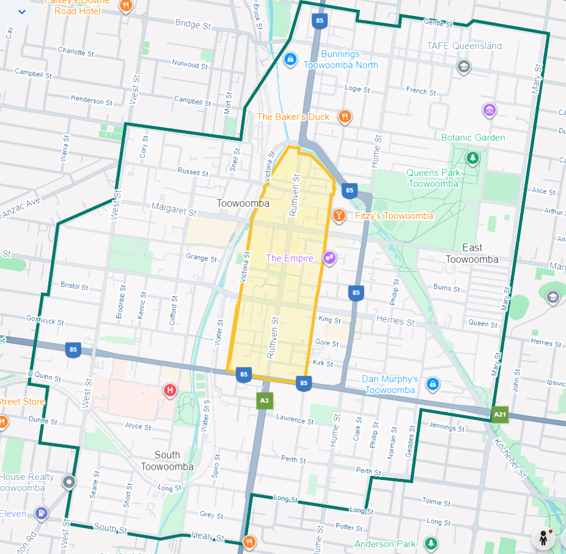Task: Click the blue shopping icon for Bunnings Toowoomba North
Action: pyautogui.click(x=290, y=59)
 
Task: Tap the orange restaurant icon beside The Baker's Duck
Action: pyautogui.click(x=345, y=116)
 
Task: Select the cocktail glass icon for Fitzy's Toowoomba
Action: pyautogui.click(x=339, y=215)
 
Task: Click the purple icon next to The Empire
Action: pyautogui.click(x=329, y=258)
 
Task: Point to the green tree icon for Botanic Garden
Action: pyautogui.click(x=472, y=158)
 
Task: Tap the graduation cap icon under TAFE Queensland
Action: pyautogui.click(x=464, y=66)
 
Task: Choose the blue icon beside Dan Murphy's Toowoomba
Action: pyautogui.click(x=432, y=383)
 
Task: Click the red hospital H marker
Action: pyautogui.click(x=170, y=390)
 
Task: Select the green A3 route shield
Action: pyautogui.click(x=264, y=401)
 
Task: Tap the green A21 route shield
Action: pyautogui.click(x=500, y=415)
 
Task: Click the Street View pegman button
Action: pyautogui.click(x=543, y=538)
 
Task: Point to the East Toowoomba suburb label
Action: pyautogui.click(x=472, y=253)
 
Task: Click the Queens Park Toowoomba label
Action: pyautogui.click(x=433, y=178)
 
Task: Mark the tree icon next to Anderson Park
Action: pyautogui.click(x=431, y=543)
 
